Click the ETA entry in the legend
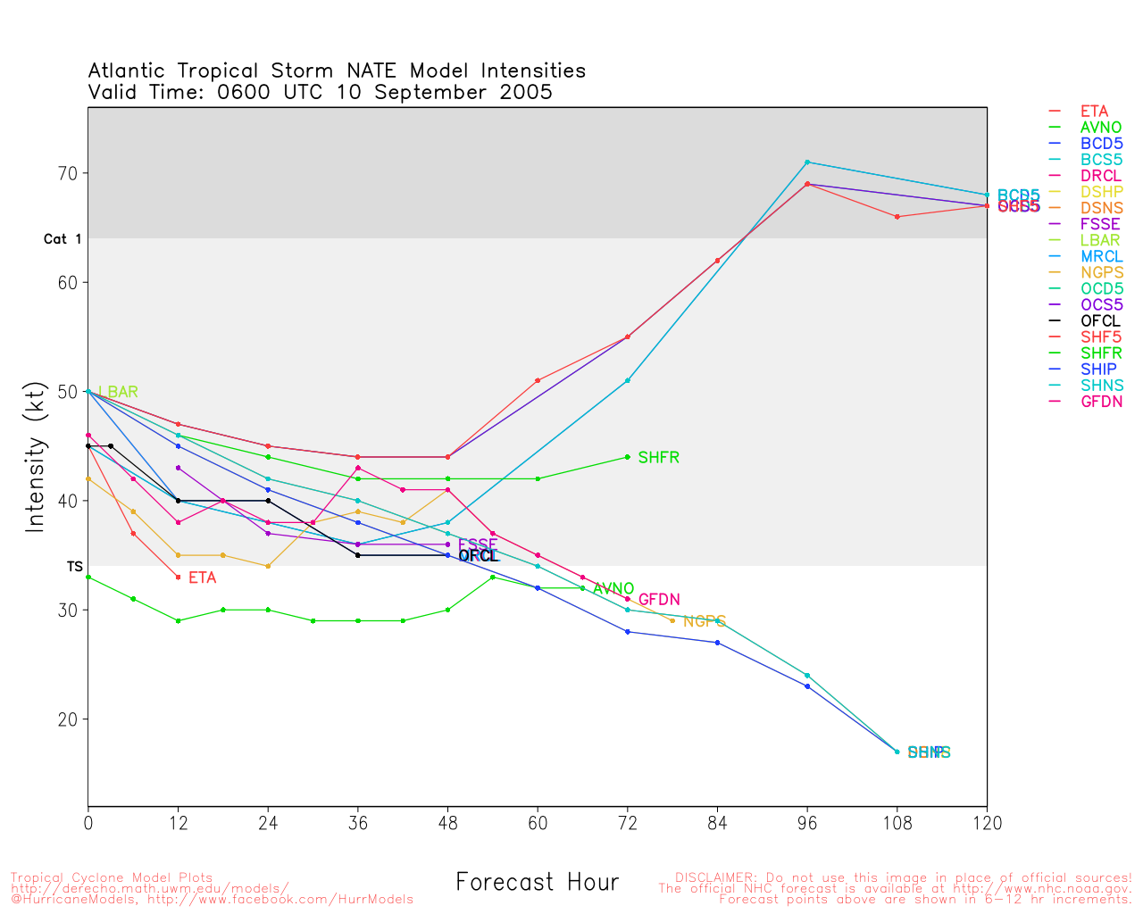1094,112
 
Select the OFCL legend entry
1099,321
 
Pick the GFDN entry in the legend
1101,402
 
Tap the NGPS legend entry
1101,272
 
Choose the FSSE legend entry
1099,224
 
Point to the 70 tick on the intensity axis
69,173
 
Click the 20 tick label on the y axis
69,719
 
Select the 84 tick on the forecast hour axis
717,824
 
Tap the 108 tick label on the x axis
897,824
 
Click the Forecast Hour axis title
537,883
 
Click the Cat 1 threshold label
63,239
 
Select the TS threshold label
74,567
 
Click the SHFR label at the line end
658,458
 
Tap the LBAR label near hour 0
118,392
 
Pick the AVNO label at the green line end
613,589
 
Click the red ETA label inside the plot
202,578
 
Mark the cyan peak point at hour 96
807,162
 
